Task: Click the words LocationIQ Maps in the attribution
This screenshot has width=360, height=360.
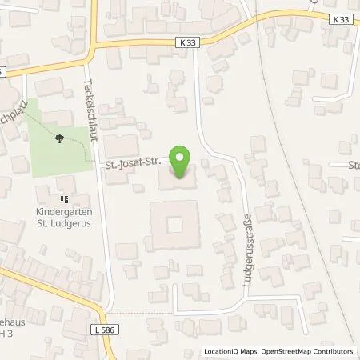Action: click(x=231, y=351)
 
